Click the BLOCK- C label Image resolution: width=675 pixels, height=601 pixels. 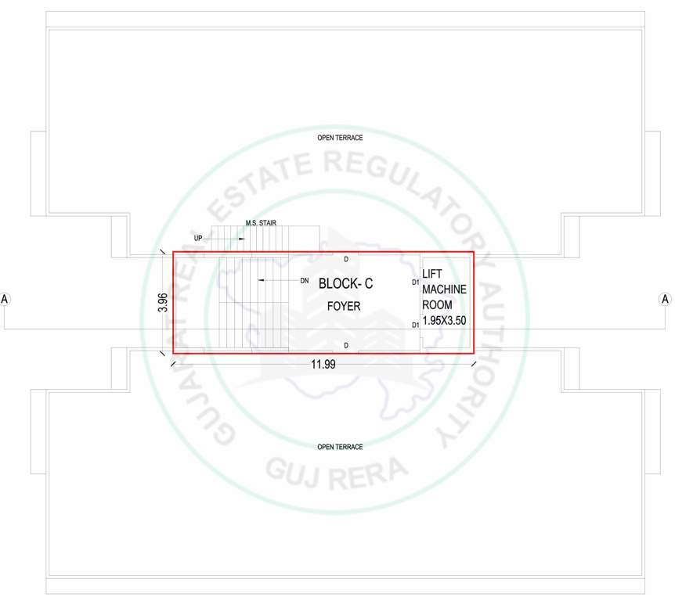[345, 284]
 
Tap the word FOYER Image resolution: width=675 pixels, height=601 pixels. [344, 306]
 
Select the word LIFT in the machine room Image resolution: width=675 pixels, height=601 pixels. [432, 273]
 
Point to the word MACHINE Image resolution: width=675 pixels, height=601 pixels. [444, 289]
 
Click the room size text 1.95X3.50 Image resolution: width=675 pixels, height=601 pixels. [444, 320]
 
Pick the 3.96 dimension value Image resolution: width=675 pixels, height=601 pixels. [163, 302]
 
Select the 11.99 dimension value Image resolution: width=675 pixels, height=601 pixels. [322, 365]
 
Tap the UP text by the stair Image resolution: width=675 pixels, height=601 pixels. [198, 237]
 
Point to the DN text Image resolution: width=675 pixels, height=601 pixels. [304, 279]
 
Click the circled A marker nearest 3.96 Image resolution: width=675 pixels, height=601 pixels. [5, 299]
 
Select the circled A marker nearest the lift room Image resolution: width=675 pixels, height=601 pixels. [666, 299]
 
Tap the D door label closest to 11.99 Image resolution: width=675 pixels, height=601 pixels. [346, 344]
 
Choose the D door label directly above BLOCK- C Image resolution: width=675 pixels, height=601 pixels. [346, 257]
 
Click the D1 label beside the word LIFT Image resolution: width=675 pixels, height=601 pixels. [415, 282]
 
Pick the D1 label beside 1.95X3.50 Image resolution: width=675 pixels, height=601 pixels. [415, 324]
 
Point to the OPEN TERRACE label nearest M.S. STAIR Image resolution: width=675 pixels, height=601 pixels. [340, 138]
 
